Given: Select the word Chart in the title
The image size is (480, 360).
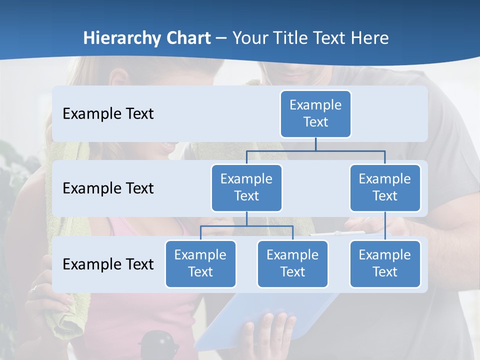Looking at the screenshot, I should coord(188,38).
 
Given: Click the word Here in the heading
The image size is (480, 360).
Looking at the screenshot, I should coord(370,38).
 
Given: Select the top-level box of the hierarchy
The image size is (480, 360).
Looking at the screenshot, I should coord(315,113).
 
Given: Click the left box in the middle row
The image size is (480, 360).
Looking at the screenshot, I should coord(246,187).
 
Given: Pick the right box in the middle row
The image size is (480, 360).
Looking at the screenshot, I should coord(385,187).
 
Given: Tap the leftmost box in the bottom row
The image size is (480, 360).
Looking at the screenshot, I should coord(200,263).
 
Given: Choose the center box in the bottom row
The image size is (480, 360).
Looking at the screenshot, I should coord(292,263).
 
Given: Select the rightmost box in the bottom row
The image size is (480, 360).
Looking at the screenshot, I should coord(385,263).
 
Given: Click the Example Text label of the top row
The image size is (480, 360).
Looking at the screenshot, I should coord(108,113).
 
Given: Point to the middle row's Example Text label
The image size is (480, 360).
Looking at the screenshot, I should coord(108,188).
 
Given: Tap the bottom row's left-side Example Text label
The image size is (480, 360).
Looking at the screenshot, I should coord(108,264).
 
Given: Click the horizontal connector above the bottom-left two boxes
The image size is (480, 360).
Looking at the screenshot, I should coord(246,226).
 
